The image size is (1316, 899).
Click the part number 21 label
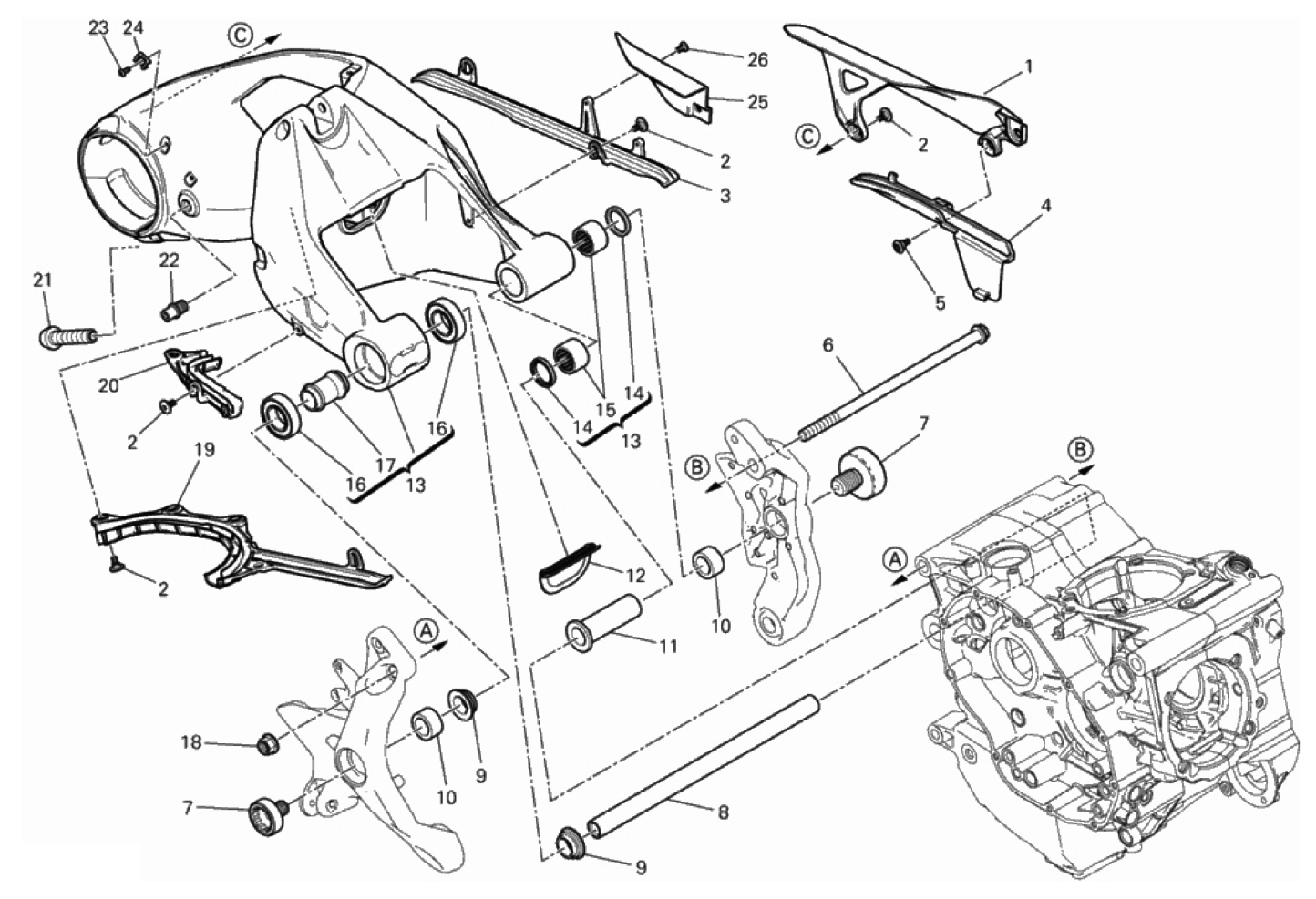(43, 281)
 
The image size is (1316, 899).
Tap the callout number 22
(170, 261)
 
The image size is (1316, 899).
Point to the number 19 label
(205, 450)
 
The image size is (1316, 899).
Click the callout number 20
(108, 385)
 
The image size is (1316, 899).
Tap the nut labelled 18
(269, 744)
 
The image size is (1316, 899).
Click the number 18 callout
(191, 743)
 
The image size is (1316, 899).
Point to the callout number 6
(828, 345)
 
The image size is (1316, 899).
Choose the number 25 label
(758, 102)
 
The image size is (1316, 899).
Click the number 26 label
(757, 60)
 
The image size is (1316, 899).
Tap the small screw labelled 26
(684, 47)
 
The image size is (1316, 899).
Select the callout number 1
(1027, 67)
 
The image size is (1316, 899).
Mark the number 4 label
(1045, 206)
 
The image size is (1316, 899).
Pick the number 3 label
(725, 196)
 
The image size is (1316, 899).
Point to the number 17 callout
(385, 465)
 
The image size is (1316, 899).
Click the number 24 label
(133, 27)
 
